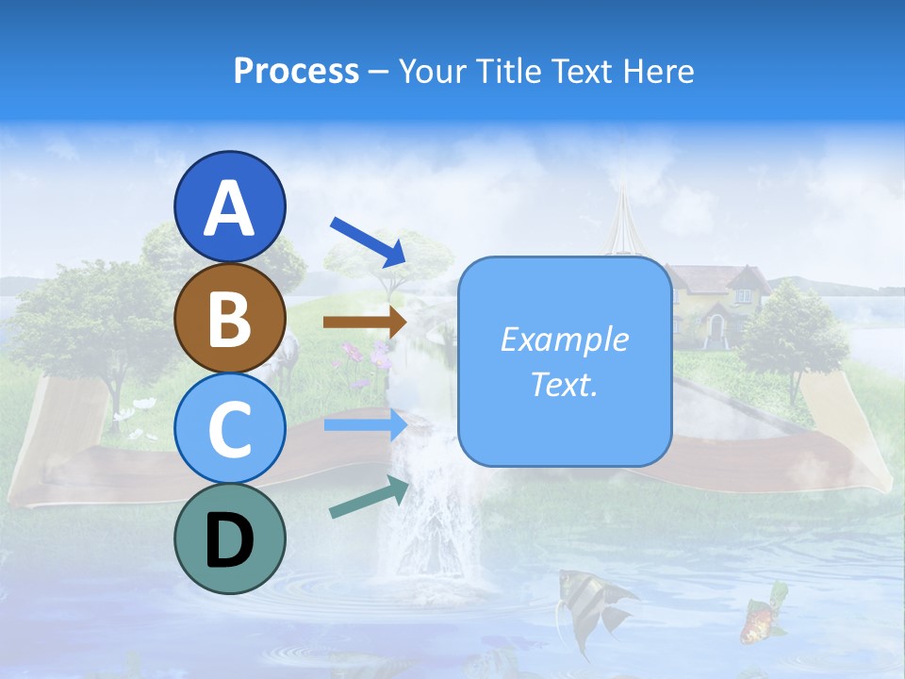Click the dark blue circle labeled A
point(230,207)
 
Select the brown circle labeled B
point(230,318)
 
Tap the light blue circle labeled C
point(230,428)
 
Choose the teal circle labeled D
point(230,538)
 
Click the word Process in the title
point(296,71)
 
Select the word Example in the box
point(564,339)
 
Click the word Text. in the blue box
point(564,385)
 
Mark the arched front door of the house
point(716,330)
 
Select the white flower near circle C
point(143,404)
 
